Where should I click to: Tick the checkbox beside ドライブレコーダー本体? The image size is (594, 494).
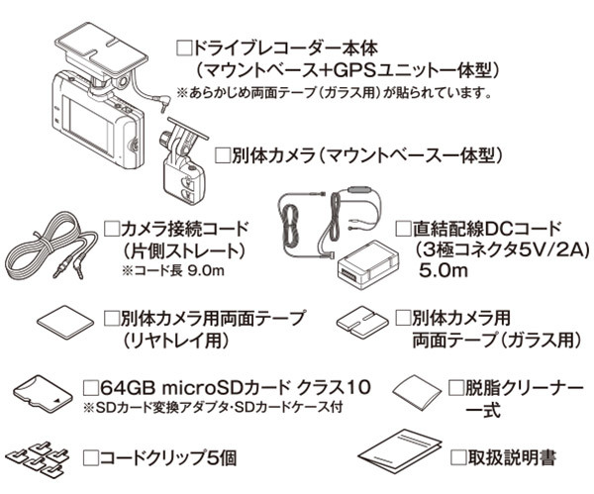pyautogui.click(x=184, y=49)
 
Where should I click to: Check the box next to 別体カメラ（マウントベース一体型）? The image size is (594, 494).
pyautogui.click(x=223, y=155)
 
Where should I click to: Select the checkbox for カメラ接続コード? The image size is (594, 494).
pyautogui.click(x=112, y=229)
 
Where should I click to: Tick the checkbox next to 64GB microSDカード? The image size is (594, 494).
pyautogui.click(x=91, y=387)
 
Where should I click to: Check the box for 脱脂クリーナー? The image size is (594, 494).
pyautogui.click(x=455, y=388)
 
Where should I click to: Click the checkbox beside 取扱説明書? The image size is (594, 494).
pyautogui.click(x=458, y=457)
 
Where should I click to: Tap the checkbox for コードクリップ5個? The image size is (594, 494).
pyautogui.click(x=90, y=457)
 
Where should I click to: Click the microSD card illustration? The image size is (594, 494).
pyautogui.click(x=43, y=393)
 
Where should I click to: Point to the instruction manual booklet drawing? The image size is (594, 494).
pyautogui.click(x=401, y=449)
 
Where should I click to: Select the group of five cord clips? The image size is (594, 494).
pyautogui.click(x=39, y=458)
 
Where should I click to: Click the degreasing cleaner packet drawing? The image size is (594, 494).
pyautogui.click(x=418, y=392)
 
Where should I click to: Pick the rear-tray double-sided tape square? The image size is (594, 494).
pyautogui.click(x=65, y=322)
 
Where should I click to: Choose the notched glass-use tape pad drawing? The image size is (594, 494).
pyautogui.click(x=362, y=323)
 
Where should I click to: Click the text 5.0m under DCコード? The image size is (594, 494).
pyautogui.click(x=444, y=270)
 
